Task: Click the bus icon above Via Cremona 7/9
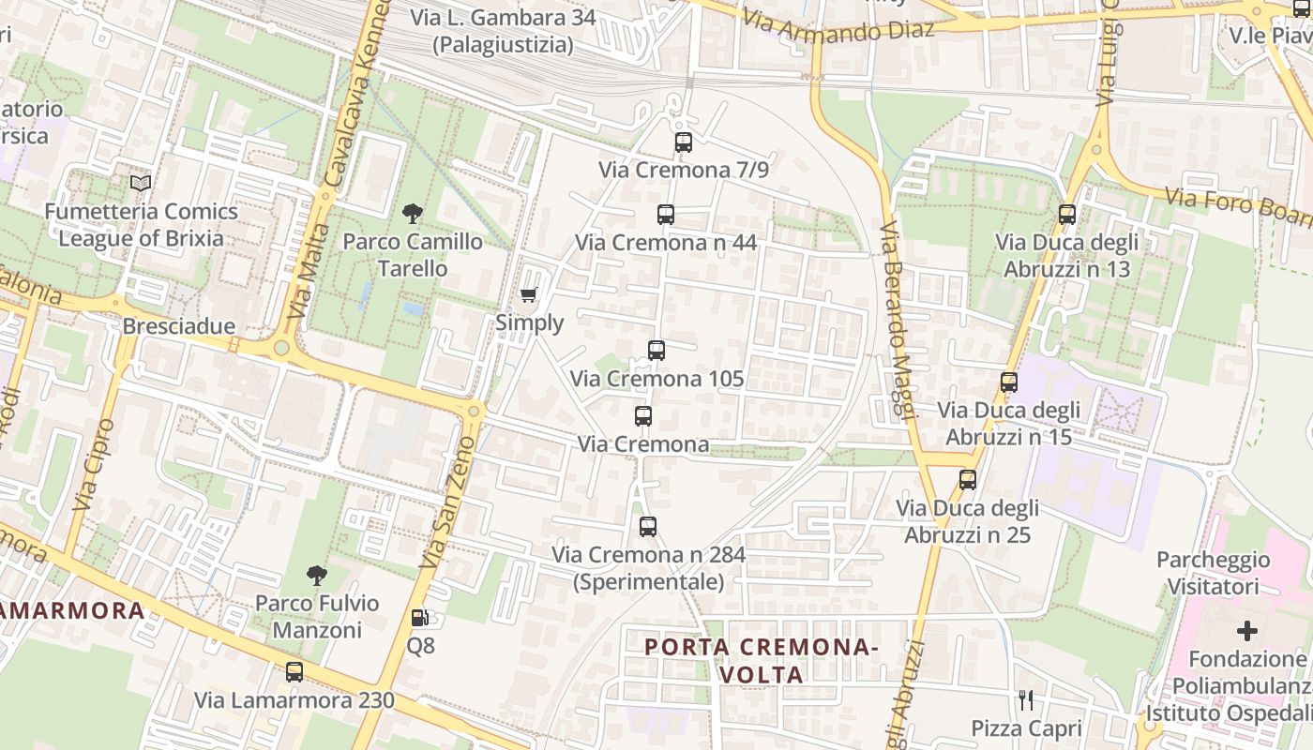(683, 142)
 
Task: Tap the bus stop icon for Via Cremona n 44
(666, 215)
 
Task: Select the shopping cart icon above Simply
(529, 296)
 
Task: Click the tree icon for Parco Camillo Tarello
(412, 214)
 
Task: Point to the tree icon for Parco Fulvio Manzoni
(317, 575)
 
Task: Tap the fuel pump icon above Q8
(420, 618)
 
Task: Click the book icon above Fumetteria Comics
(141, 183)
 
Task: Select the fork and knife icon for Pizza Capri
(1026, 699)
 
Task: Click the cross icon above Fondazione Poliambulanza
(1247, 631)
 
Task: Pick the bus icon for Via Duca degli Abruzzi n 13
(1067, 215)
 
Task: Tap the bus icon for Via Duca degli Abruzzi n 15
(1009, 382)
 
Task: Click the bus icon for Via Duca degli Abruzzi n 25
(968, 480)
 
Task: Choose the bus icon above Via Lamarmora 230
(294, 672)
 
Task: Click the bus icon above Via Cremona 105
(656, 351)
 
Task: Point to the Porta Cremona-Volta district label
(762, 660)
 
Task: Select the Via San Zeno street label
(448, 502)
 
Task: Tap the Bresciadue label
(179, 326)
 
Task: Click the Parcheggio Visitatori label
(1214, 573)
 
